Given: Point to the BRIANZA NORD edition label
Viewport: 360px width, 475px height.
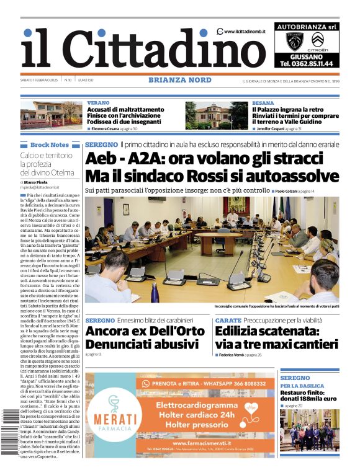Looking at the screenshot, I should point(179,80).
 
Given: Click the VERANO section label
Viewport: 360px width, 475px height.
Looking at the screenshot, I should point(99,103).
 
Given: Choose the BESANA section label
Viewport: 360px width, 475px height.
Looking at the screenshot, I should point(263,103).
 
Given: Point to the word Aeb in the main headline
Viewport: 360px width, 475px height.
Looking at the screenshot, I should point(101,159).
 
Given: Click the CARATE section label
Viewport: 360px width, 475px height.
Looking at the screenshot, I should point(228,321).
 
